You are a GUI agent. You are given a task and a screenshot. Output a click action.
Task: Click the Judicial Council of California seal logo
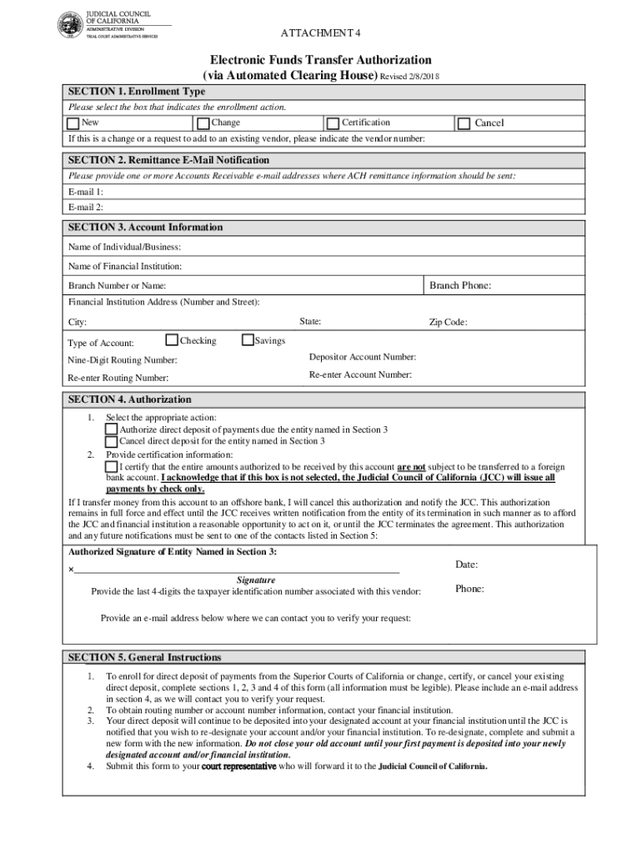(70, 25)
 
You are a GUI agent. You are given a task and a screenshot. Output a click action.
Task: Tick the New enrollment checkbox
(73, 123)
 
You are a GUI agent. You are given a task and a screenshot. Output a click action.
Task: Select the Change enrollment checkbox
(203, 123)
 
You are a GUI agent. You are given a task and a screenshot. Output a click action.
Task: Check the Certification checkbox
(334, 123)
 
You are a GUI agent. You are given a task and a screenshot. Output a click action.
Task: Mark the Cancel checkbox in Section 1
(464, 123)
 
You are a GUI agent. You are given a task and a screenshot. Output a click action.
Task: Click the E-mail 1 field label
(86, 191)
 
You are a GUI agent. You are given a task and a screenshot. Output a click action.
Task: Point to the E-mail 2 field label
(86, 207)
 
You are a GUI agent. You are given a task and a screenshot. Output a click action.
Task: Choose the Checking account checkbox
(172, 340)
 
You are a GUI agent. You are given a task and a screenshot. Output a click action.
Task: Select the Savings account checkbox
(248, 340)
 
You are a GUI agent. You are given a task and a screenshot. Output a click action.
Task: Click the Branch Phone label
(459, 286)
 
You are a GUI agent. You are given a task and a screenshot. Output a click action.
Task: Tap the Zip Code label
(448, 323)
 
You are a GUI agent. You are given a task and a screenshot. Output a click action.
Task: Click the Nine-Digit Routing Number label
(122, 360)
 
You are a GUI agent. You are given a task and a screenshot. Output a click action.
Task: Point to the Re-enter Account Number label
(360, 375)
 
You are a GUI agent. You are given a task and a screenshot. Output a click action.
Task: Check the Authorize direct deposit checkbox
(111, 430)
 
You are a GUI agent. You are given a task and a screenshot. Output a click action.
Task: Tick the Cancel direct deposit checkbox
(111, 442)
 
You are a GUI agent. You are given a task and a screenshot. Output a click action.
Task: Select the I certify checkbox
(111, 466)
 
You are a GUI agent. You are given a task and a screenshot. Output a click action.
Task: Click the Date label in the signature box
(466, 565)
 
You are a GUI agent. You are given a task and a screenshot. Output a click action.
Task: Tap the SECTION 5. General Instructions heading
(144, 657)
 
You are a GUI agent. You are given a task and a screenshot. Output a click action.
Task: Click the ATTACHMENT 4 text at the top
(320, 33)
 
